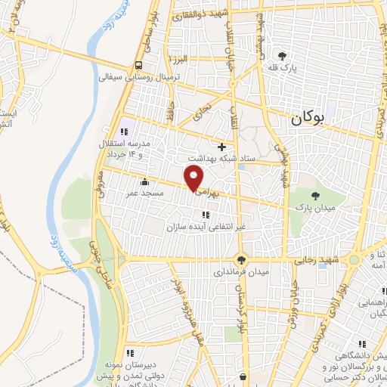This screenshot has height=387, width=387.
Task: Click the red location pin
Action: (194, 179)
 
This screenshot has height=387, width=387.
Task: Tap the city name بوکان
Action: (310, 118)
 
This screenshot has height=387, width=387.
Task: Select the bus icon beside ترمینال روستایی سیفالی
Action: (137, 65)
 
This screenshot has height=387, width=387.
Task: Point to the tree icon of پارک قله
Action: (283, 56)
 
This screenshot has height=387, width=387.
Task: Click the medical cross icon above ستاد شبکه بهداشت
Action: (221, 146)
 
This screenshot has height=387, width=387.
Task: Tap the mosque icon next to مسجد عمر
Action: (144, 181)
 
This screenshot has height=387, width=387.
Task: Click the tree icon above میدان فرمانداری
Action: (240, 258)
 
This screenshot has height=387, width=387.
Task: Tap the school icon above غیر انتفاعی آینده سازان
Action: (206, 215)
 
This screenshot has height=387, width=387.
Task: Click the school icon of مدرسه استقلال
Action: (125, 124)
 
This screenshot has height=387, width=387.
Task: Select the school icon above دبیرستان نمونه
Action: (131, 352)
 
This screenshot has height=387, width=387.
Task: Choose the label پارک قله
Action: (281, 68)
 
